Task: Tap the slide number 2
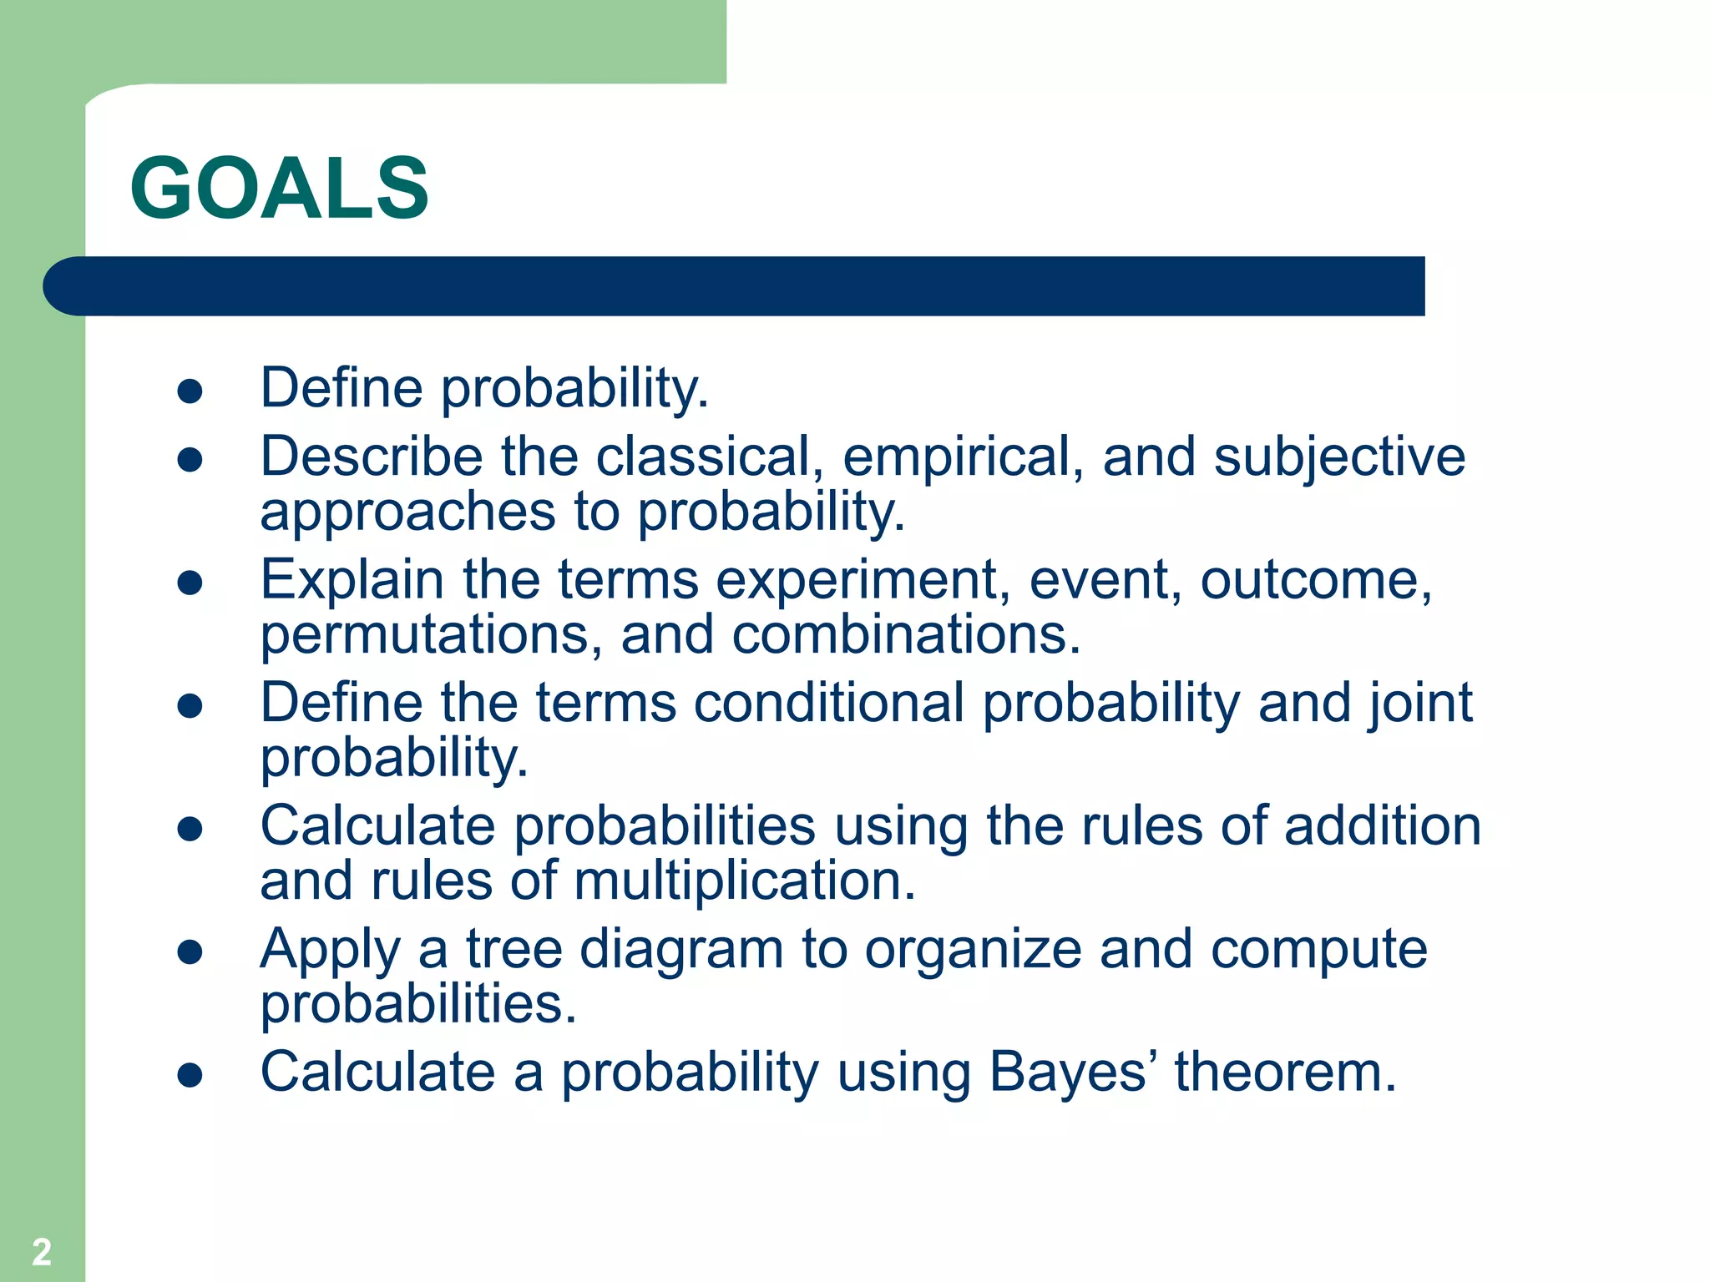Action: (x=42, y=1252)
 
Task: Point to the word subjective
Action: (x=1339, y=458)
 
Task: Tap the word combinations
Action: (x=907, y=634)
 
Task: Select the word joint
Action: (x=1420, y=704)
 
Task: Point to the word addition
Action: (x=1383, y=825)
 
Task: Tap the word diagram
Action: (x=681, y=950)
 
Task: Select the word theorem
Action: (x=1286, y=1072)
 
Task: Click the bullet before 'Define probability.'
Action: (x=190, y=391)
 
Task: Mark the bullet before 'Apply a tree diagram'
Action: (x=190, y=951)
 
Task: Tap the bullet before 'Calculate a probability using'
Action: (x=190, y=1074)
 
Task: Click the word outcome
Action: (x=1316, y=579)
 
